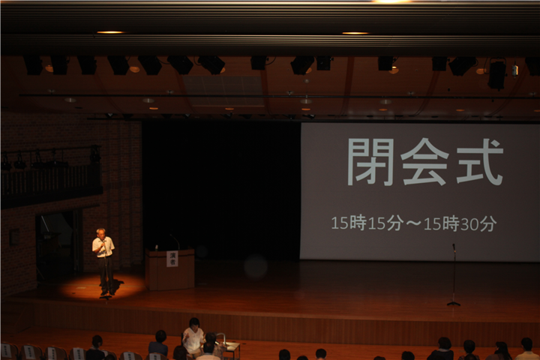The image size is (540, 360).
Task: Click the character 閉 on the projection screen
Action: (x=370, y=162)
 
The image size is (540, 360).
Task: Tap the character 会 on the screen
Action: (x=424, y=162)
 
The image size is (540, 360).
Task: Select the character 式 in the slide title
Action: (x=480, y=162)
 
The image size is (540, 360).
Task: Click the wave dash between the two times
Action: (x=413, y=223)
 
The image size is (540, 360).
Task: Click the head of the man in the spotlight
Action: (x=101, y=232)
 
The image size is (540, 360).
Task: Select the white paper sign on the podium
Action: (x=172, y=259)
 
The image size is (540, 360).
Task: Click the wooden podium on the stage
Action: (x=169, y=269)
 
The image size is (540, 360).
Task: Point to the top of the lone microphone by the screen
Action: (x=454, y=246)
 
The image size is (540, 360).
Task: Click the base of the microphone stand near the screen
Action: (x=454, y=304)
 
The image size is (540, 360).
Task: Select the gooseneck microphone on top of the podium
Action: (x=175, y=241)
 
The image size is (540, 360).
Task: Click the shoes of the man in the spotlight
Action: (x=107, y=293)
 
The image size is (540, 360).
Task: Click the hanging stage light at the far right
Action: (x=496, y=74)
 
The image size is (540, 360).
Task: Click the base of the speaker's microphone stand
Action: (x=106, y=296)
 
